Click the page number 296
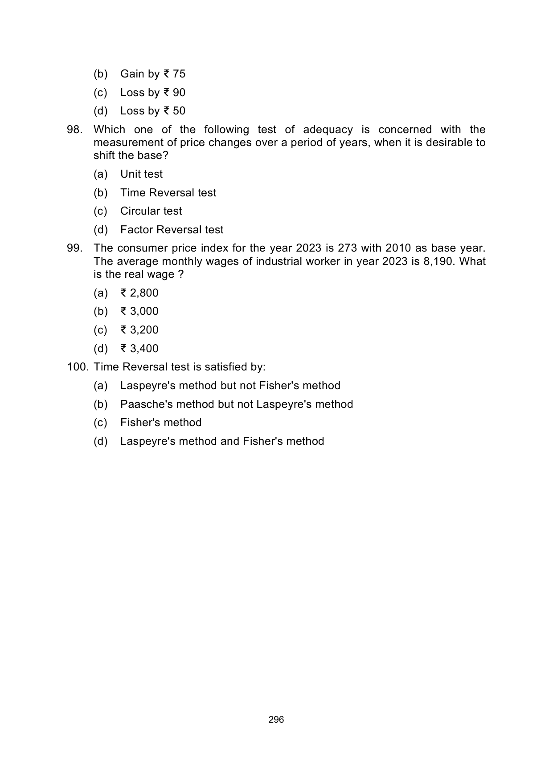point(276,720)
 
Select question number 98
point(75,130)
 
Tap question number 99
point(75,248)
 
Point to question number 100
point(78,367)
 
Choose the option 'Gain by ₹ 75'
point(152,74)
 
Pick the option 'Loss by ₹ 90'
point(152,93)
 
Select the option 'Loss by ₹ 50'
point(152,111)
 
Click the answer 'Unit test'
point(141,174)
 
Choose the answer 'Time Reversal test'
point(168,193)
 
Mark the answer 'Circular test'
point(151,211)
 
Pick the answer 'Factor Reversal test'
point(172,230)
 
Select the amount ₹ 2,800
point(139,293)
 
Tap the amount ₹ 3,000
point(139,311)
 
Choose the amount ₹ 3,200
point(139,330)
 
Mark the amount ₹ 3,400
point(139,349)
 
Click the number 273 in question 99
point(348,248)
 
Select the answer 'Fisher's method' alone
point(160,423)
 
